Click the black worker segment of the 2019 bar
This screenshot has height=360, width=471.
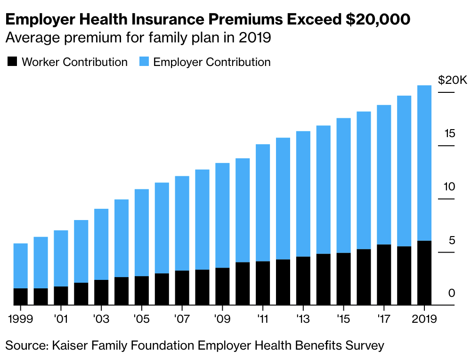pos(424,273)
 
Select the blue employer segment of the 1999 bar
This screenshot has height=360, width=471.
pos(21,266)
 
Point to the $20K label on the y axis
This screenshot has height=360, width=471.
pos(452,80)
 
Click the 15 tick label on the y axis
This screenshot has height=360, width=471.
pos(449,134)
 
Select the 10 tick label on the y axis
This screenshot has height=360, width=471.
pos(449,187)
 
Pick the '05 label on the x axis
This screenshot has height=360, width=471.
pos(141,319)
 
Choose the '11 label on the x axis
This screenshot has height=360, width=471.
pos(262,319)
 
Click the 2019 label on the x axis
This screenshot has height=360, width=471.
pos(424,319)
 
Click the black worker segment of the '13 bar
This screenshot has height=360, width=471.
pos(303,281)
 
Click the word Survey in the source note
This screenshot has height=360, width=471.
pos(364,345)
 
